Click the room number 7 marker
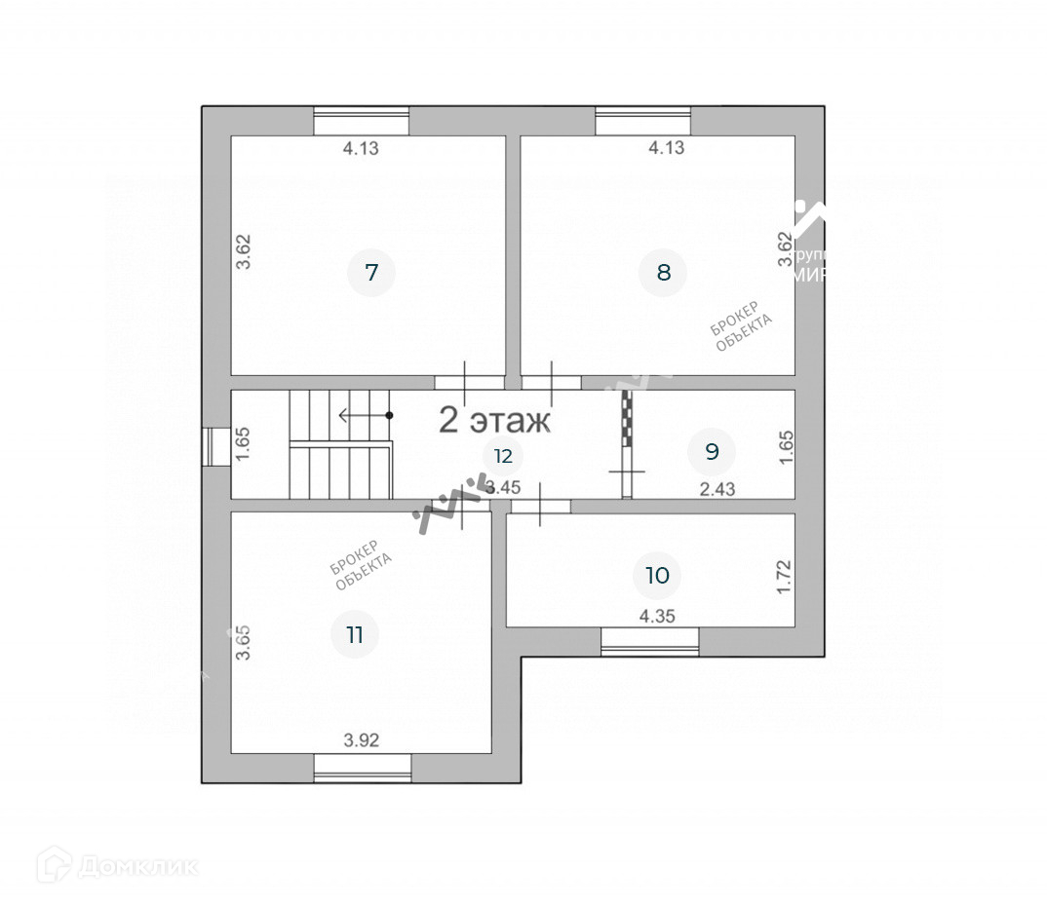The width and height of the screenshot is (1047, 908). pos(370,272)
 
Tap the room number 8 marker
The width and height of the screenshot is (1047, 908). pos(663,272)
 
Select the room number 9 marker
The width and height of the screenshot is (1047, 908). pos(711,451)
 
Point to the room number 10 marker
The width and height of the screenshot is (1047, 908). pos(658,575)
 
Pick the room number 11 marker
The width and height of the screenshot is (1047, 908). pos(355,635)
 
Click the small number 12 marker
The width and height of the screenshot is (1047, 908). pos(502,455)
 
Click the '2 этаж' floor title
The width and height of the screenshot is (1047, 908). pos(494,421)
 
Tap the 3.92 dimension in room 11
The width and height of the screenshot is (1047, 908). pos(361,740)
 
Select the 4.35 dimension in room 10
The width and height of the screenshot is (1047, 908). pos(657,616)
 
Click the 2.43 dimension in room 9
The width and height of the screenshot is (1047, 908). pos(717,489)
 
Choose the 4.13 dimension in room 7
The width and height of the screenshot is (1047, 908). pos(361,149)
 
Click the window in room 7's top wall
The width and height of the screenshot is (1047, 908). pos(361,121)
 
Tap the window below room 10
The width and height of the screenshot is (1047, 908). pos(649,641)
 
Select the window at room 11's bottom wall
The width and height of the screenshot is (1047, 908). pos(363,768)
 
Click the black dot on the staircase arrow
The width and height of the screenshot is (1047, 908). pos(389,415)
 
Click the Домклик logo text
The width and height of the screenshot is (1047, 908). pos(136,865)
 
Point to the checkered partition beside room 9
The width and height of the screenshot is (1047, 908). pos(629,419)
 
